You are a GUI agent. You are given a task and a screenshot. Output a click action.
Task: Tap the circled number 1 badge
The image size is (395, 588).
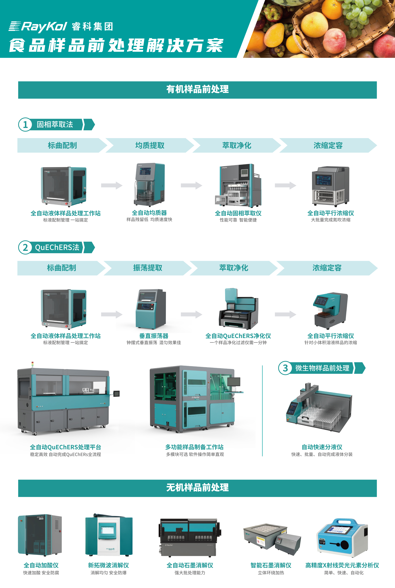[x=25, y=124]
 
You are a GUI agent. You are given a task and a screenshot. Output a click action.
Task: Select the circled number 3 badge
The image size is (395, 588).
[x=285, y=368]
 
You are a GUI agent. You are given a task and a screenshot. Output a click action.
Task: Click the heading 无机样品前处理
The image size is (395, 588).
[x=197, y=488]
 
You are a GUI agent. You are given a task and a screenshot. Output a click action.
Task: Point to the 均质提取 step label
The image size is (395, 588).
[x=150, y=145]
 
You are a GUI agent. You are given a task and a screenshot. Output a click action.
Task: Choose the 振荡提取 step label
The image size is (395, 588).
[x=148, y=268]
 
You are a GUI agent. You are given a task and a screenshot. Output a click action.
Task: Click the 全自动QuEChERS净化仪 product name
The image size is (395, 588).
[x=238, y=336]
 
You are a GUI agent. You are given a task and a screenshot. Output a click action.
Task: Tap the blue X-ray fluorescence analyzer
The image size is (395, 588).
[x=342, y=537]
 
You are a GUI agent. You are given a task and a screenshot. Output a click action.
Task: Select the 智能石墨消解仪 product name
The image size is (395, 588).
[x=271, y=565]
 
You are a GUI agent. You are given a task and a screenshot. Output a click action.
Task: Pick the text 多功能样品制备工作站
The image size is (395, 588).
[x=194, y=447]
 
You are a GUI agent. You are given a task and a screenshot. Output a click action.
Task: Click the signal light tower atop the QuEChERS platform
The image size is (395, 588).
[x=32, y=364]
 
